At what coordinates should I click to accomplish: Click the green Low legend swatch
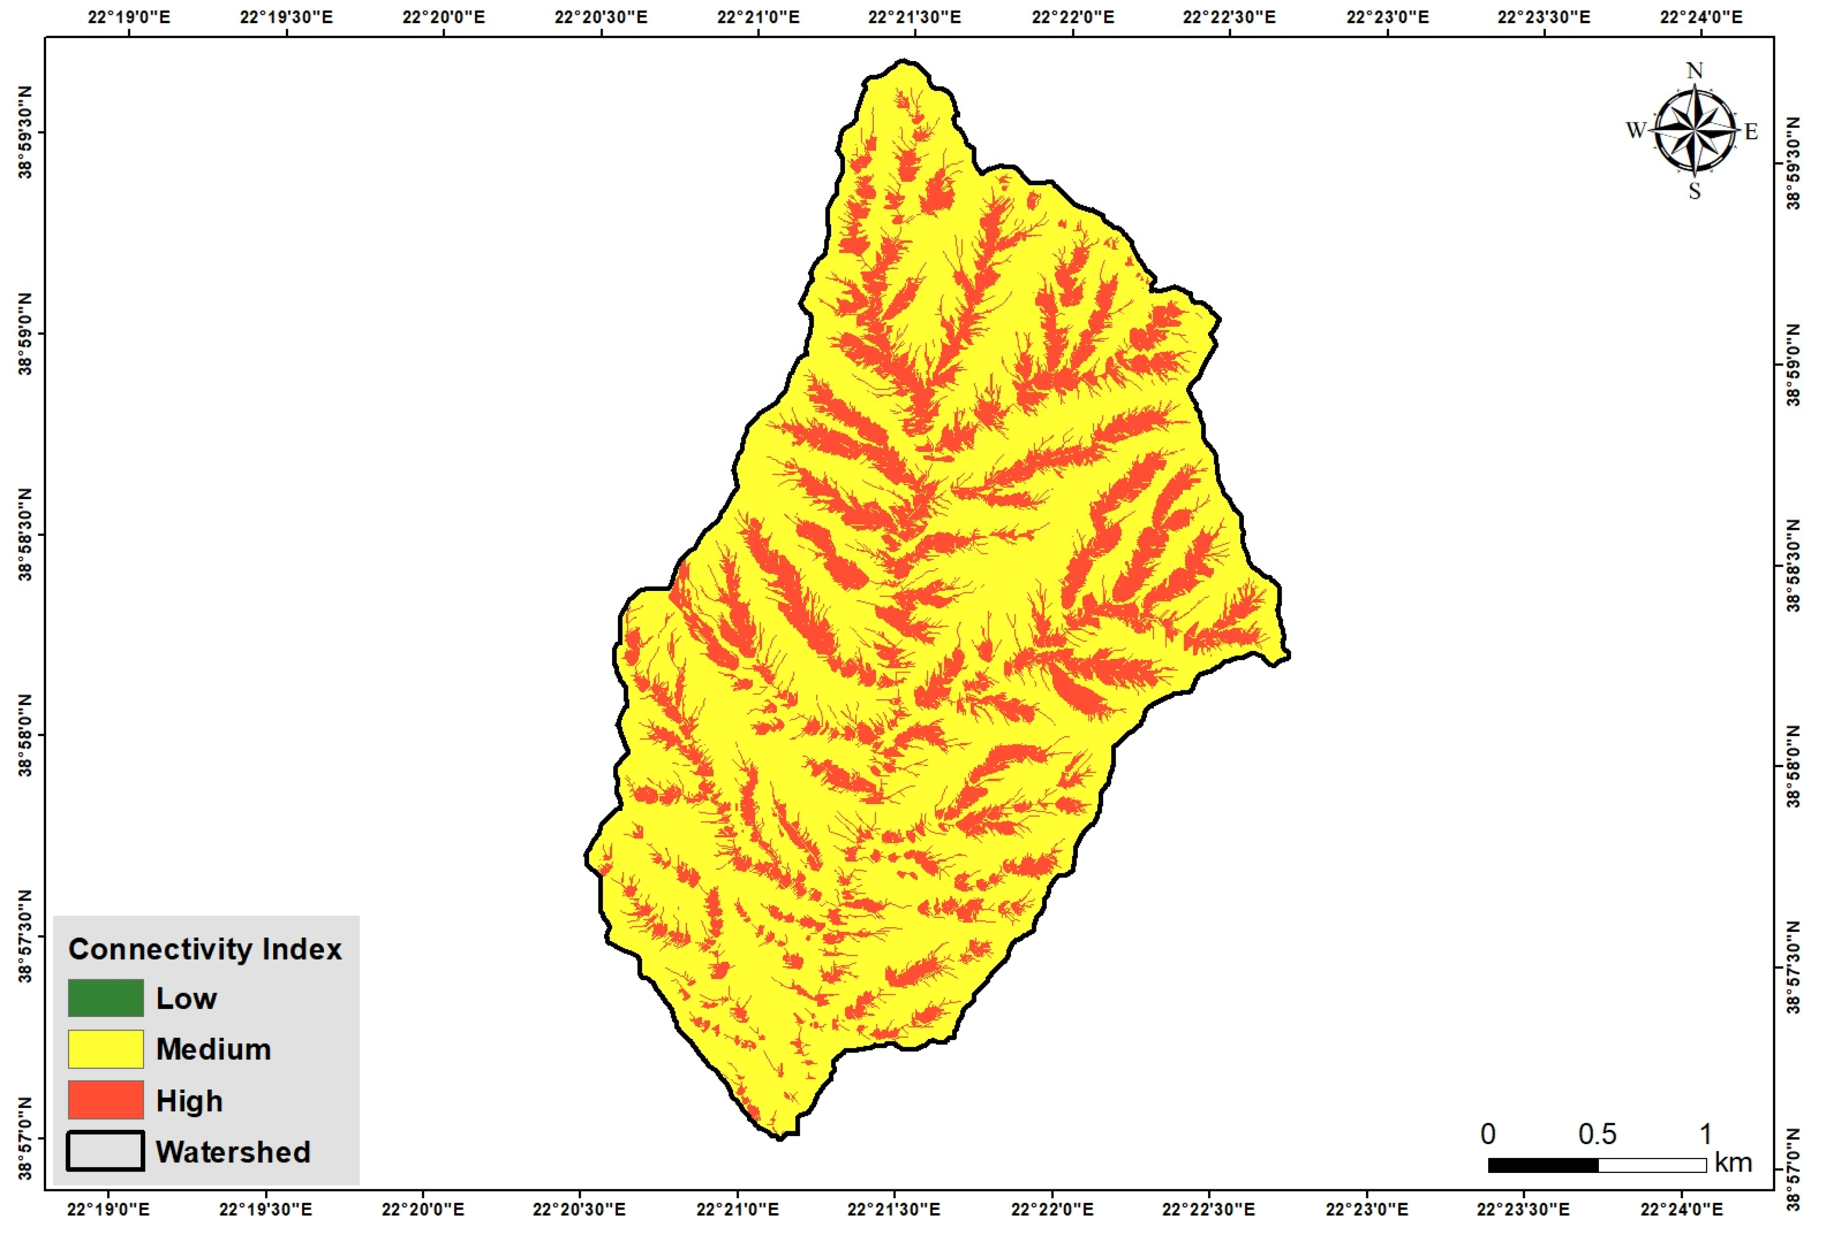tap(105, 998)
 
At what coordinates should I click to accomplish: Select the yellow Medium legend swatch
tap(105, 1049)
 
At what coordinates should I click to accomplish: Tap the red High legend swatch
tap(105, 1100)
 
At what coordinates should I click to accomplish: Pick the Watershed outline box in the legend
tap(105, 1151)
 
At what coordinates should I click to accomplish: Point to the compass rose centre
tap(1694, 130)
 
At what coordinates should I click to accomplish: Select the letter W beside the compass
tap(1636, 130)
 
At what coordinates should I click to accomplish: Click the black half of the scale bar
tap(1543, 1165)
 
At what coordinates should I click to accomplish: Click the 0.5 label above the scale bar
tap(1597, 1134)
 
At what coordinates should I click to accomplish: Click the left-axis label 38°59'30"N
tap(26, 133)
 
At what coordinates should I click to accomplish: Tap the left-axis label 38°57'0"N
tap(26, 1138)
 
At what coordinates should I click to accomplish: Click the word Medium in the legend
tap(214, 1049)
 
